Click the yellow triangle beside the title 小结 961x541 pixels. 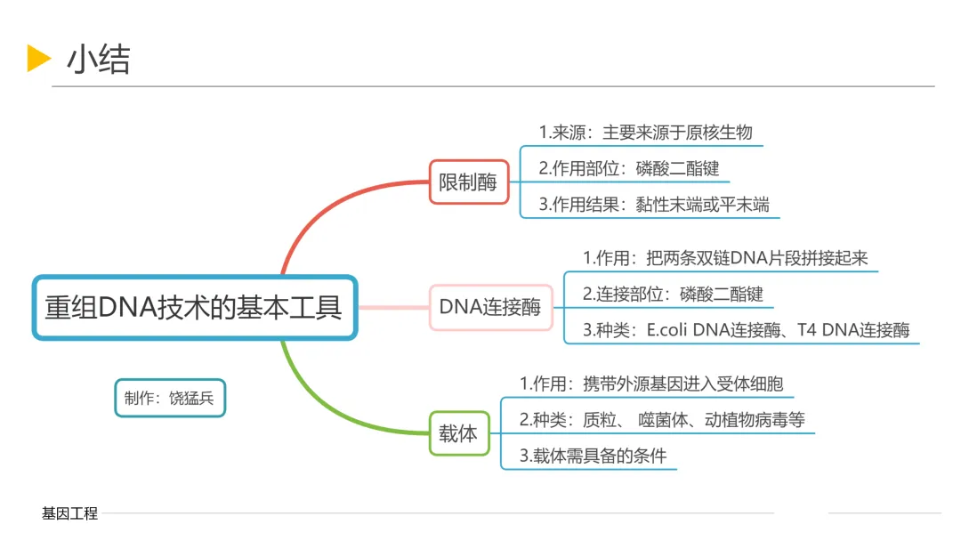click(x=38, y=58)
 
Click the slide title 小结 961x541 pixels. click(x=98, y=60)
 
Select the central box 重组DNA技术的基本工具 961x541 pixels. click(x=194, y=307)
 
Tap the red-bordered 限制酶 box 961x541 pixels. click(x=468, y=183)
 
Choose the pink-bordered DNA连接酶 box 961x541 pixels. click(x=489, y=307)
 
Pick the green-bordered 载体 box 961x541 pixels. click(x=458, y=433)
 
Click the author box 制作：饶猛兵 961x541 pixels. click(x=169, y=398)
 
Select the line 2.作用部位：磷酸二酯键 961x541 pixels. click(x=628, y=168)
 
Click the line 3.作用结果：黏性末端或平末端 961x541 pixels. click(x=653, y=205)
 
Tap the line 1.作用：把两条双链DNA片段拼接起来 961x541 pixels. click(x=724, y=258)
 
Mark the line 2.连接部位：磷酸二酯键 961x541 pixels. click(x=673, y=294)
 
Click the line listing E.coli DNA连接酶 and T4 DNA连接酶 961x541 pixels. click(x=746, y=330)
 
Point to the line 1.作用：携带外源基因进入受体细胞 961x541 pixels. click(x=651, y=384)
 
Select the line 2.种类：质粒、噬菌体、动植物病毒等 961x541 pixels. click(x=662, y=420)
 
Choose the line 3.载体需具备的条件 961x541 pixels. click(x=593, y=456)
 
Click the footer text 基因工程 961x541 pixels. click(x=69, y=513)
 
